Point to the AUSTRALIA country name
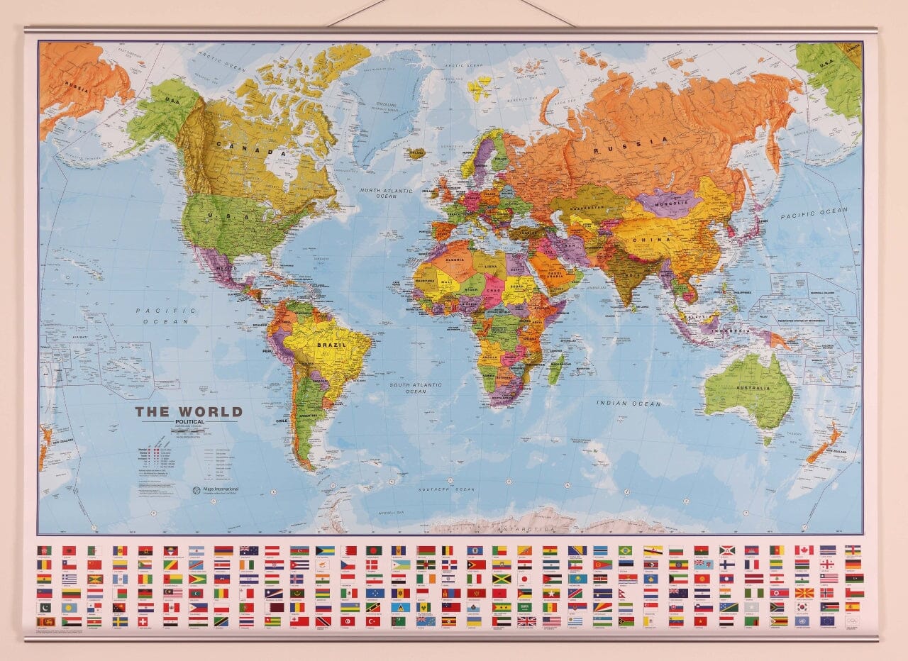(x=753, y=388)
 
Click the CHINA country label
(x=656, y=240)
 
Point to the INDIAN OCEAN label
(x=628, y=404)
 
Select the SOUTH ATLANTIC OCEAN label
(x=416, y=388)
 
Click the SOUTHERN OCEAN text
(x=446, y=489)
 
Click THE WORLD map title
(x=189, y=411)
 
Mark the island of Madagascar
(x=555, y=369)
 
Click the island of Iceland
(x=416, y=152)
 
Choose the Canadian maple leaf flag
(x=803, y=550)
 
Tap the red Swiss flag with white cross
(x=145, y=621)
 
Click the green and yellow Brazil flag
(x=625, y=550)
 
